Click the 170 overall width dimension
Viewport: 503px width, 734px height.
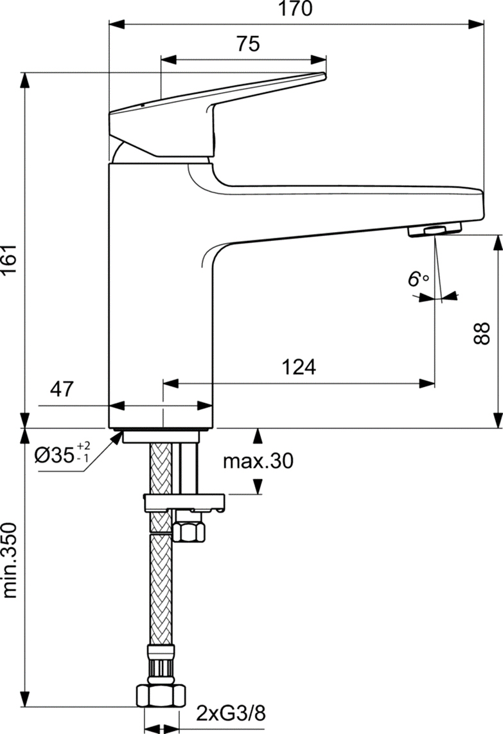click(x=297, y=10)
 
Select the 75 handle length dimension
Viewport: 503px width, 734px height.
click(x=248, y=44)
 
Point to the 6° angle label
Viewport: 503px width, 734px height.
click(x=418, y=280)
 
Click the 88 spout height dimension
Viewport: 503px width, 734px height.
click(x=484, y=333)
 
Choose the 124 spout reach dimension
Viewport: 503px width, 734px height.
click(x=299, y=368)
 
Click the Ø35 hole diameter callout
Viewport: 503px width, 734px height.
click(x=62, y=456)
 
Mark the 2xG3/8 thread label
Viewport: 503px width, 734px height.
click(x=230, y=713)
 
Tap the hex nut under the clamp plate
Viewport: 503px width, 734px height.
click(x=189, y=530)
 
